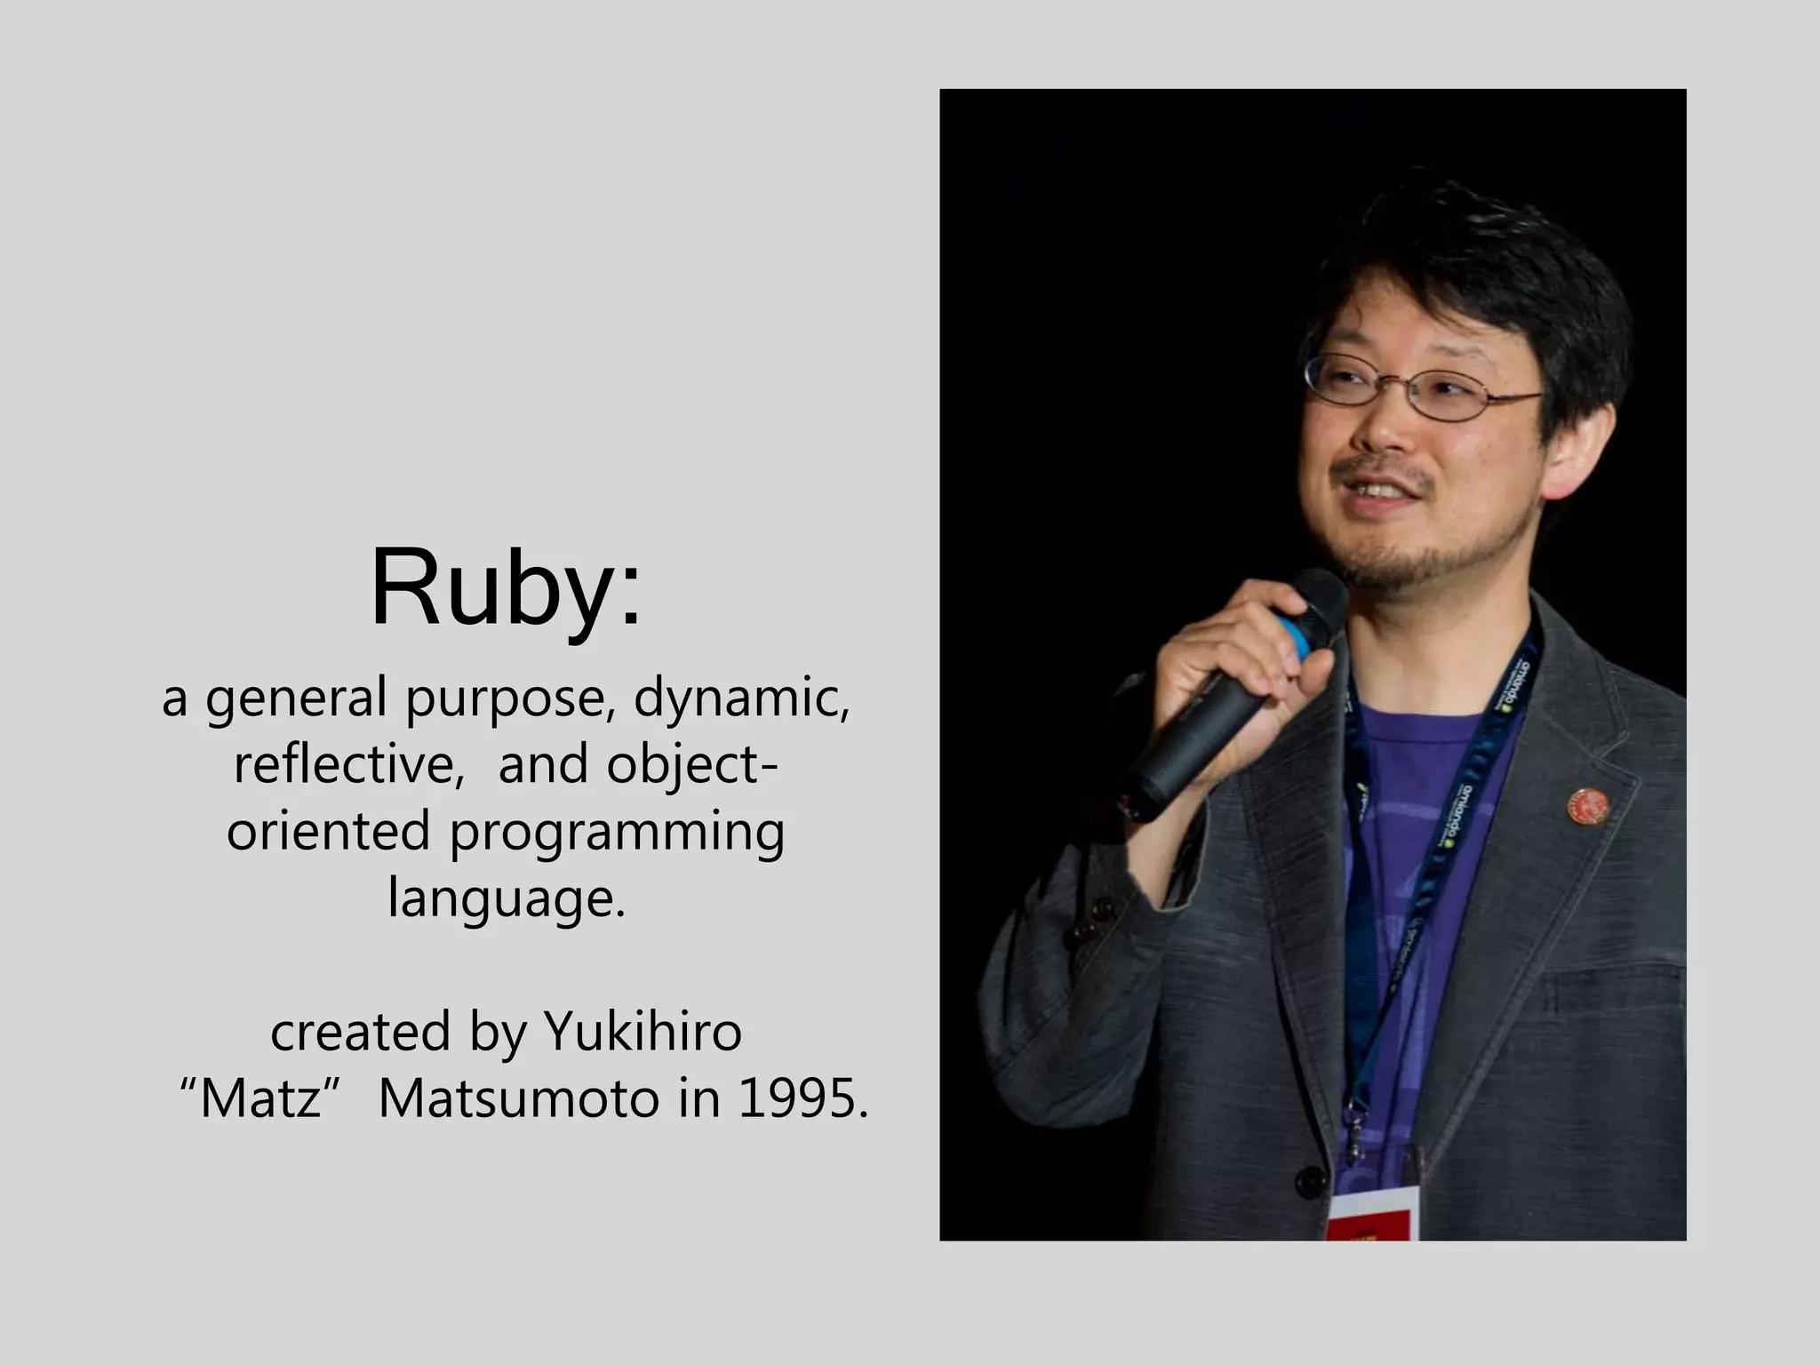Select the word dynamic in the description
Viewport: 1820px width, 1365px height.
(741, 697)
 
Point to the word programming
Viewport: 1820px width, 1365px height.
(617, 834)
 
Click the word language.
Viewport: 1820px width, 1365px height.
(507, 899)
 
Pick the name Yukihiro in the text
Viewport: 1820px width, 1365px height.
(643, 1032)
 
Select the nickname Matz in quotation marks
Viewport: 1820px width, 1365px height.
(260, 1099)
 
